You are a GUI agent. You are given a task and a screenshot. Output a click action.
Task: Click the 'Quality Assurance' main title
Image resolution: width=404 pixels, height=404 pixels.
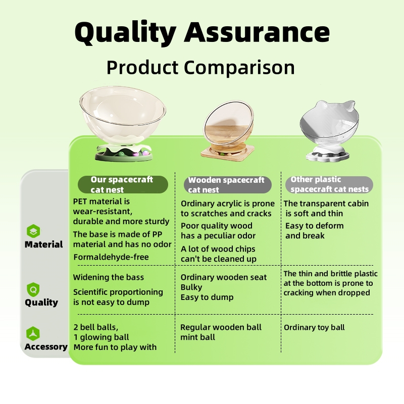coord(202,33)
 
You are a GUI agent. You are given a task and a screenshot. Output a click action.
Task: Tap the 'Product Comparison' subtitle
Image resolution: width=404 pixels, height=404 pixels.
coord(200,68)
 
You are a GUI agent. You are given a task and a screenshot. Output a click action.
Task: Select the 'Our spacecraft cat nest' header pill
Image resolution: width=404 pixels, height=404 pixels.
coord(123,184)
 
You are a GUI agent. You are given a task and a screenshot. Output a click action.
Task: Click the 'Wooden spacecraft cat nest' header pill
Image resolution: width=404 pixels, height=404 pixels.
coord(228,185)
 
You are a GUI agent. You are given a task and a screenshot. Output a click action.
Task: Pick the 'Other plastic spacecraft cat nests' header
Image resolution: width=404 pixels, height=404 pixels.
coord(329,184)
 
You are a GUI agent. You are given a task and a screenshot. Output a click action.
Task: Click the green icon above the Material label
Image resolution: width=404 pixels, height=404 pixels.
coord(33,231)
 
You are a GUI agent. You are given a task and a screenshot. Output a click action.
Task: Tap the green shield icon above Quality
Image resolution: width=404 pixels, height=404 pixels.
coord(33,289)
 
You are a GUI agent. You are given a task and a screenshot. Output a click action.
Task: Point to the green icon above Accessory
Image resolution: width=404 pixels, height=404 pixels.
coord(33,334)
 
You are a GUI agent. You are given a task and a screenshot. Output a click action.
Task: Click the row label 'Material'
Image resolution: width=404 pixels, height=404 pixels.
coord(43,244)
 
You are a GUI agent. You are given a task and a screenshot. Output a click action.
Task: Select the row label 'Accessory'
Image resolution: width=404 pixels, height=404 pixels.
coord(46,347)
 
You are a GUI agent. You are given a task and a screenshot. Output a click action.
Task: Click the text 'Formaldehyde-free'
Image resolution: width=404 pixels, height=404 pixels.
coord(111,257)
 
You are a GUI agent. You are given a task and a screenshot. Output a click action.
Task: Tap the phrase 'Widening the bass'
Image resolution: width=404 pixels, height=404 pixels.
coord(109,277)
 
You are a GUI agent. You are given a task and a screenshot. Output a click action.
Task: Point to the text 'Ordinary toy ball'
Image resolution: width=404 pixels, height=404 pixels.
coord(314,327)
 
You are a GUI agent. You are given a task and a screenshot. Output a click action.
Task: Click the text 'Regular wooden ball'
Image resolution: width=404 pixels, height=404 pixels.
coord(221,327)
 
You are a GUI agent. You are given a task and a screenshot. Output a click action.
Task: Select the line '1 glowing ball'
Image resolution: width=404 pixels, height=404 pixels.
coord(102,337)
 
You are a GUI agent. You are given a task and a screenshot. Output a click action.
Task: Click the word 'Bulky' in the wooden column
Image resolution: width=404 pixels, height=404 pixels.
coord(191,287)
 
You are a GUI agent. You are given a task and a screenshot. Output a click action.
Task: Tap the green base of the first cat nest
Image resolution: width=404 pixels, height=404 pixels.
coord(124,157)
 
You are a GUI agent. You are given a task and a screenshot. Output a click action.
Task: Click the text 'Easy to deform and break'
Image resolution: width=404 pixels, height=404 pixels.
coord(314,231)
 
